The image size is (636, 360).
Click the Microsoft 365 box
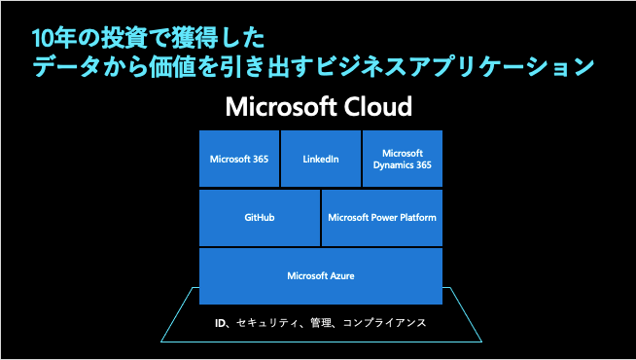click(x=239, y=159)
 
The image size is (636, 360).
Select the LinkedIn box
click(x=321, y=159)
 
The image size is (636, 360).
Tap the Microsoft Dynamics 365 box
click(x=403, y=159)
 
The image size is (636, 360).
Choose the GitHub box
click(x=260, y=218)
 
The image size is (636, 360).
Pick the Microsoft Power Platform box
click(x=382, y=218)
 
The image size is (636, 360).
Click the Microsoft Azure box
click(x=321, y=276)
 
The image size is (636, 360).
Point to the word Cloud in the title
click(x=379, y=106)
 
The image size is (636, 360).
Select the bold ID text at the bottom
click(x=221, y=322)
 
